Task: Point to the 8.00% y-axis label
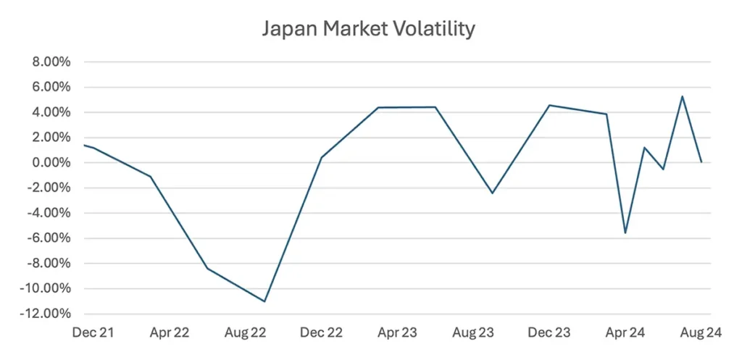point(50,62)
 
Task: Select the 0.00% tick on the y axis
point(50,163)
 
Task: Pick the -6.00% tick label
point(48,238)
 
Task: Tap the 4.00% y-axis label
point(50,112)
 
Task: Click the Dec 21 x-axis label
point(93,332)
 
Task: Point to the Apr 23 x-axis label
point(398,332)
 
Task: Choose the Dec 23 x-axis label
point(549,332)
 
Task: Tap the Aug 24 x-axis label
point(701,332)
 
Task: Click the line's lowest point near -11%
point(264,301)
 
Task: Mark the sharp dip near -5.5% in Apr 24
point(625,233)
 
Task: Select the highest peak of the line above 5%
point(682,96)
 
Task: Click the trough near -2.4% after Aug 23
point(492,193)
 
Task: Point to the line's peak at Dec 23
point(549,105)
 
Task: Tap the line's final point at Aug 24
point(701,162)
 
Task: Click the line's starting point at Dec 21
point(84,145)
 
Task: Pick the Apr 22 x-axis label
point(170,332)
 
